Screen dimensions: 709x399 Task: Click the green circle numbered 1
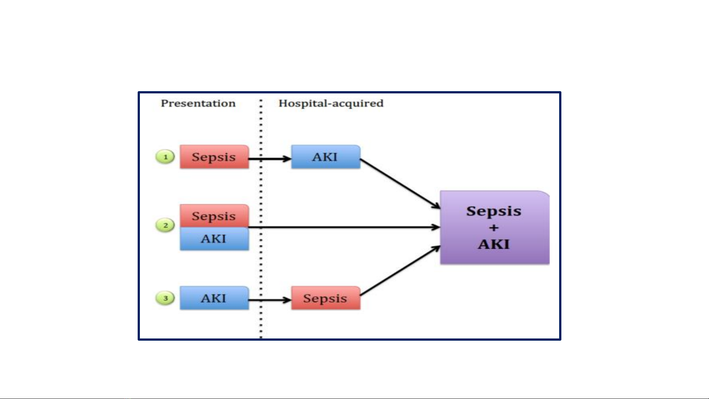[165, 157]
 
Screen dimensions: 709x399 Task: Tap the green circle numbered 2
[165, 225]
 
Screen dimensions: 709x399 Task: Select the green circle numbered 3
[165, 298]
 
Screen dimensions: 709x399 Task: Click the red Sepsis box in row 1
[214, 157]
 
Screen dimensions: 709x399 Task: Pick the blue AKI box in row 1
[326, 157]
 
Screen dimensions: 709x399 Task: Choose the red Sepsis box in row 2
[214, 216]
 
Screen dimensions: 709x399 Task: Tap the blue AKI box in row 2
[214, 239]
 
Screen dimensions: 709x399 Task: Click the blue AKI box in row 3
[214, 298]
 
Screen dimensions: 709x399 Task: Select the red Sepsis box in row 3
[326, 298]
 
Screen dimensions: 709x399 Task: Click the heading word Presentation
[198, 103]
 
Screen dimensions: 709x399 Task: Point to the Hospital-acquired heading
[331, 103]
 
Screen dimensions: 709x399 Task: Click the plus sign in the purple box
[494, 228]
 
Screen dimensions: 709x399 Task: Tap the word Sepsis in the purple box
[494, 211]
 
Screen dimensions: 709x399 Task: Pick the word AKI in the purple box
[494, 244]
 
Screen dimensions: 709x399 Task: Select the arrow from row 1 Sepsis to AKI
[270, 159]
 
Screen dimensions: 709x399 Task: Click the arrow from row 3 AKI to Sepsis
[270, 300]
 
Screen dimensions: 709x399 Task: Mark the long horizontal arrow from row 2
[344, 227]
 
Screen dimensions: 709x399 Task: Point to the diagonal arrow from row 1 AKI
[400, 184]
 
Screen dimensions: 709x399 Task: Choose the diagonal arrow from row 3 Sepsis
[400, 271]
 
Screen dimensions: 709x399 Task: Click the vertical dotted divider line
[261, 219]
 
